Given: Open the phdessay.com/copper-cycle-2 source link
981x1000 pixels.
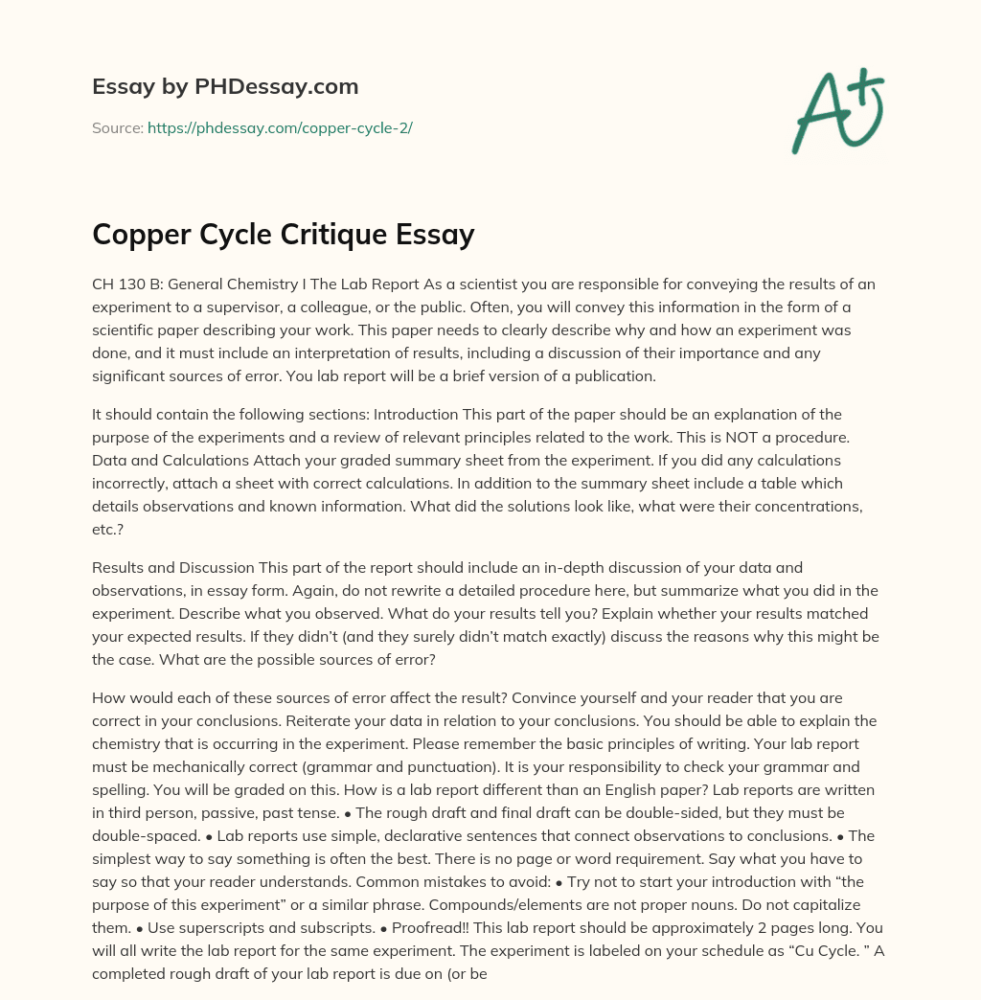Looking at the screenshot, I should pos(280,127).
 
